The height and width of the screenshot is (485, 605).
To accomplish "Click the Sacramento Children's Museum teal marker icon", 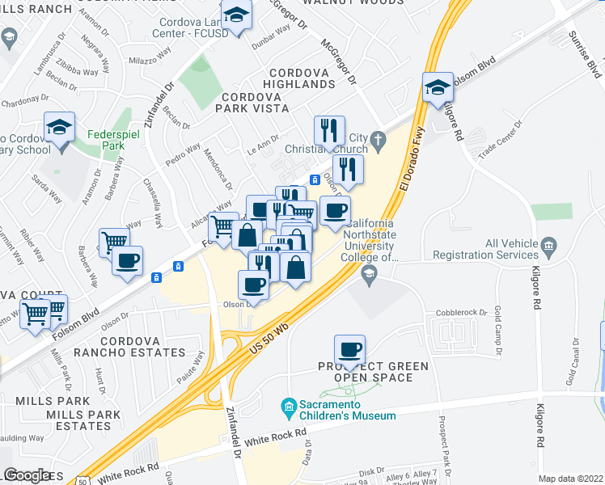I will tap(288, 405).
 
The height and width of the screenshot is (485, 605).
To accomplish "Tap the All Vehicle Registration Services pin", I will tap(549, 244).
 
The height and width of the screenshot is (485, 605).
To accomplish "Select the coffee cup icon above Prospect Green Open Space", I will tap(350, 349).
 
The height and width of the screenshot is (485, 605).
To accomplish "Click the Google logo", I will tap(27, 475).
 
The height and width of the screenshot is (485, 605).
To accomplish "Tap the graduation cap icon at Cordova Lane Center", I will tap(236, 15).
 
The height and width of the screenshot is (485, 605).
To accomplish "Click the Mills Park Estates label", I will tap(78, 420).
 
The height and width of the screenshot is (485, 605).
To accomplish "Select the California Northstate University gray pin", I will tap(370, 272).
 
